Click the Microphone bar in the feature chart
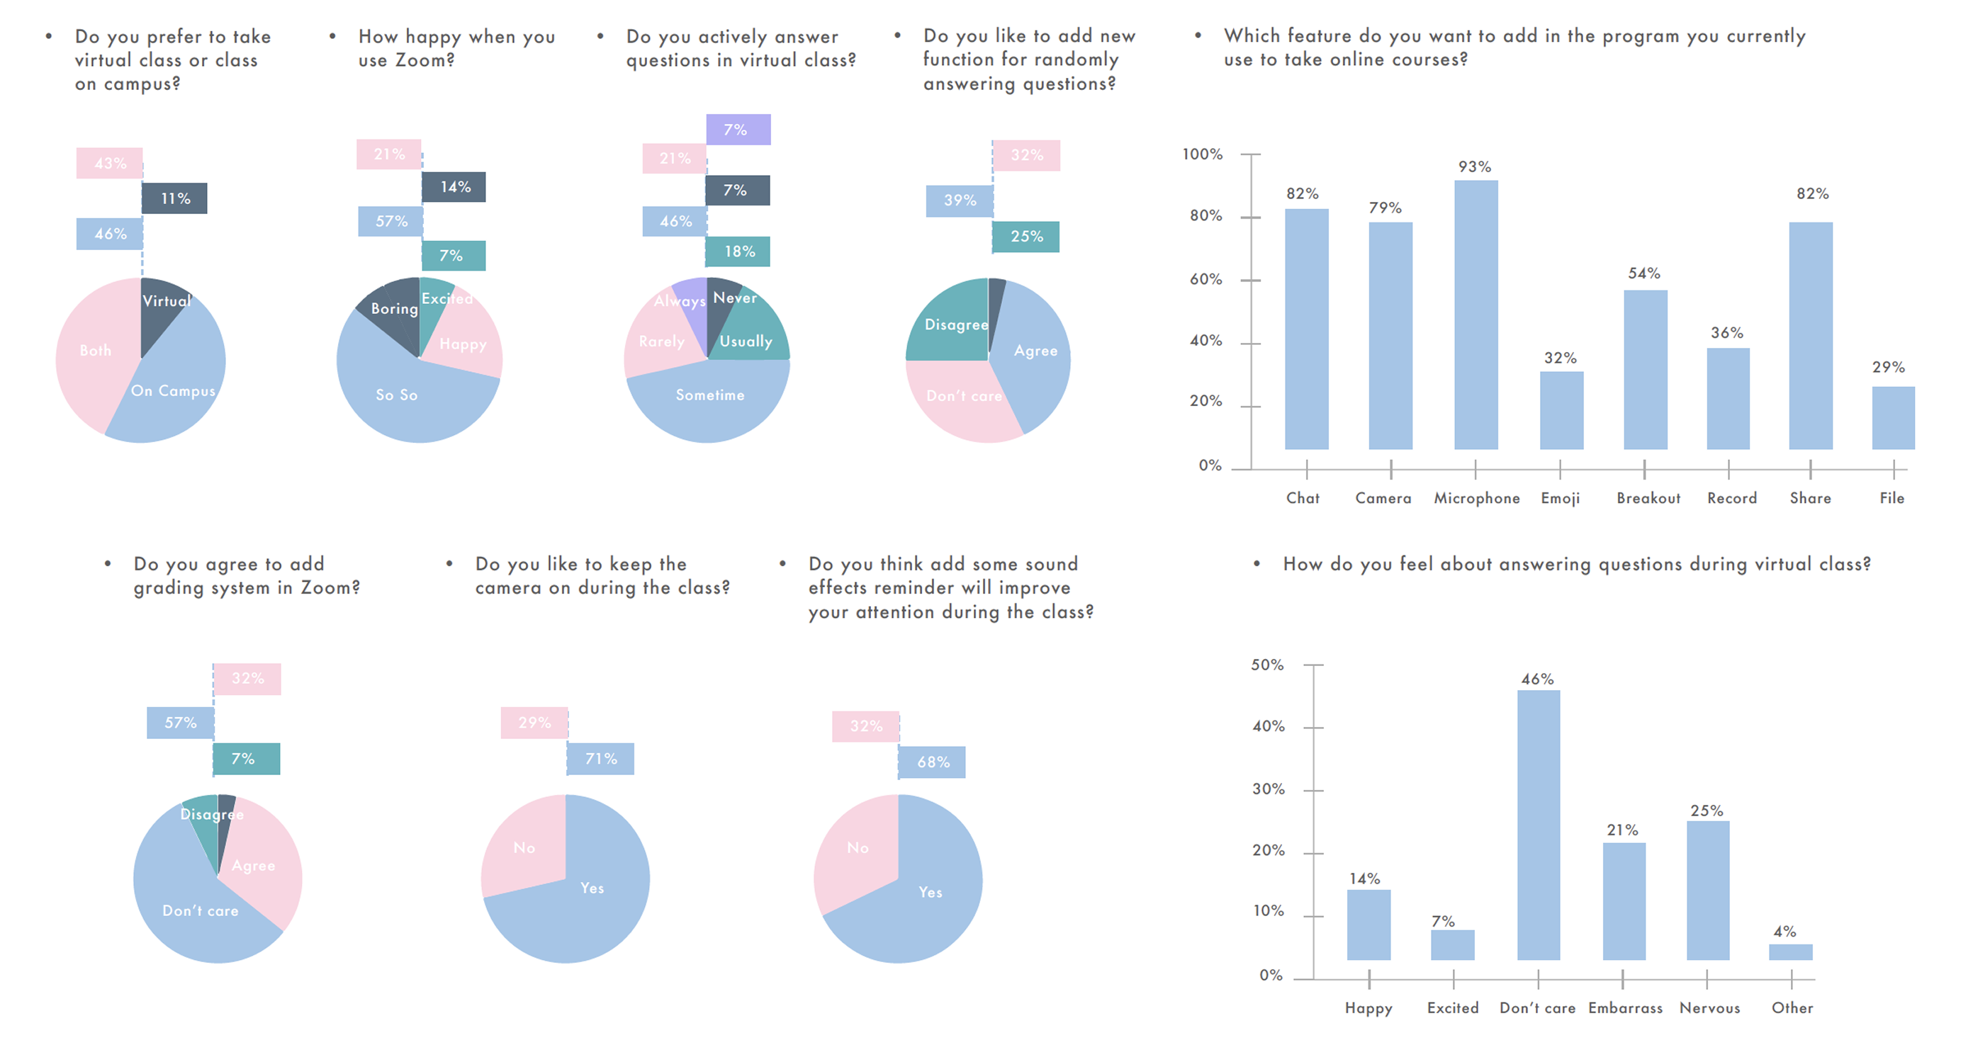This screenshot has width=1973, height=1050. point(1475,314)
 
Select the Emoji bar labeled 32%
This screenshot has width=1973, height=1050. point(1561,410)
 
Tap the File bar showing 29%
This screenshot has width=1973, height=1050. point(1893,417)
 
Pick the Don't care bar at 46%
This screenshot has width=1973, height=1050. point(1538,824)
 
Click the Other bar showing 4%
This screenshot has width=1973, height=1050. point(1790,952)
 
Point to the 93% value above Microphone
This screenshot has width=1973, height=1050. point(1474,167)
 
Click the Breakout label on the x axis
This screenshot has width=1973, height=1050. point(1648,498)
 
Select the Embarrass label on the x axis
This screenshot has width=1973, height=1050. point(1625,1008)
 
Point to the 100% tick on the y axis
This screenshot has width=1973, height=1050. point(1203,154)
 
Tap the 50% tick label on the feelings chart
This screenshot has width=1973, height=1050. point(1267,665)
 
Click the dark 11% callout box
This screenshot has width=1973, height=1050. point(174,198)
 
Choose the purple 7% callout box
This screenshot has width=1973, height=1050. point(738,130)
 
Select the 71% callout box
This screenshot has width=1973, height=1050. point(600,758)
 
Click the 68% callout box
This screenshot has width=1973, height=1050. point(932,762)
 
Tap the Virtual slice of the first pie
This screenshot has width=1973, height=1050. point(162,310)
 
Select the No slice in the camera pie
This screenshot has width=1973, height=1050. point(524,847)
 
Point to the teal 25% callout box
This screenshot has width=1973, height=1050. point(1025,237)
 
